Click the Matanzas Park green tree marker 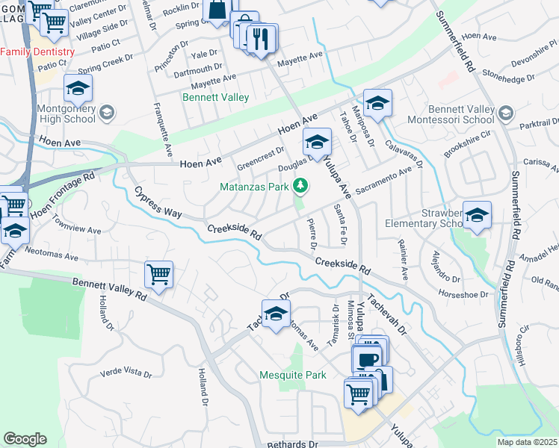[300, 185]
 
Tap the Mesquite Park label [292, 375]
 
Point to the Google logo [25, 439]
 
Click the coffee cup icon [367, 360]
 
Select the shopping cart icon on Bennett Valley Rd [158, 275]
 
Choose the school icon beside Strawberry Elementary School [477, 215]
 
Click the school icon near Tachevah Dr [276, 314]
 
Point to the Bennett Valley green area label [216, 97]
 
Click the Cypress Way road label [158, 202]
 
